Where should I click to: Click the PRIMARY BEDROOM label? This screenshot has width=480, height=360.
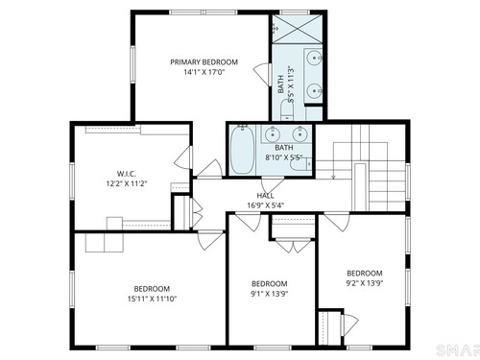pyautogui.click(x=204, y=62)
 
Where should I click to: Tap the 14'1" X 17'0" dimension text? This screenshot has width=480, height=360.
pyautogui.click(x=204, y=72)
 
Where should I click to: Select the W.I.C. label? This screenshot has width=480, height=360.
pyautogui.click(x=126, y=174)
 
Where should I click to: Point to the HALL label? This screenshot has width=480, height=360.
pyautogui.click(x=265, y=196)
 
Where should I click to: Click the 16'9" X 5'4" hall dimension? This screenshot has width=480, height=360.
pyautogui.click(x=266, y=205)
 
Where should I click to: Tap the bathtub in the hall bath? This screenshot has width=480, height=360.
pyautogui.click(x=243, y=150)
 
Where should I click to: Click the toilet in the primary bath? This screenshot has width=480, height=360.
pyautogui.click(x=287, y=110)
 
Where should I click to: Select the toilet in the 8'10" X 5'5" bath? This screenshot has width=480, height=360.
pyautogui.click(x=300, y=164)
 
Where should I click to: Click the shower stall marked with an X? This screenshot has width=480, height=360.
pyautogui.click(x=297, y=29)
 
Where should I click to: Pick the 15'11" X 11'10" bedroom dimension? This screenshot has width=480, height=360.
pyautogui.click(x=152, y=299)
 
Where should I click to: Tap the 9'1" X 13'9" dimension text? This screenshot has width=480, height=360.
pyautogui.click(x=270, y=294)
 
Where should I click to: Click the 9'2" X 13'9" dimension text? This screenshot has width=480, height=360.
pyautogui.click(x=365, y=283)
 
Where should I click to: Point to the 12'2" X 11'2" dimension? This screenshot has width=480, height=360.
pyautogui.click(x=127, y=183)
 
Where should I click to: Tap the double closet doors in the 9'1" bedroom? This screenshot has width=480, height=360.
pyautogui.click(x=294, y=246)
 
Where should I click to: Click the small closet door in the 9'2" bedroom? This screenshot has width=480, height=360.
pyautogui.click(x=349, y=324)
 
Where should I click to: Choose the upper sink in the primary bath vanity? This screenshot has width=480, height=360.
pyautogui.click(x=314, y=59)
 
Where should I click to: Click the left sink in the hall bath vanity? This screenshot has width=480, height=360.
pyautogui.click(x=273, y=134)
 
